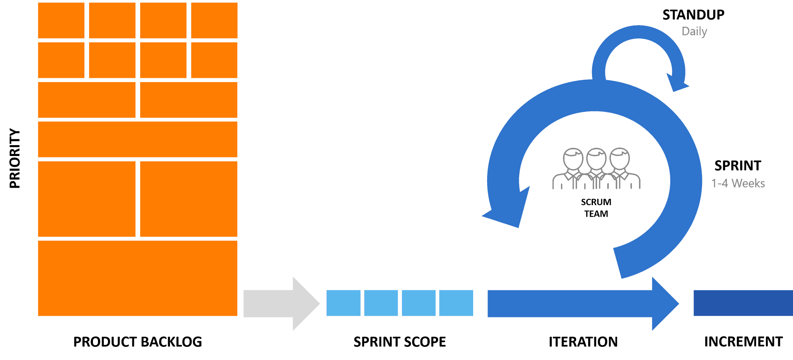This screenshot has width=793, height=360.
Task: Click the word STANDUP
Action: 693,15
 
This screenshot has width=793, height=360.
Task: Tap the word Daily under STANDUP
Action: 694,31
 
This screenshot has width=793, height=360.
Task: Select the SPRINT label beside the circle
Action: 738,166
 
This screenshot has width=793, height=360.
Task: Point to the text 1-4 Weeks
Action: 738,183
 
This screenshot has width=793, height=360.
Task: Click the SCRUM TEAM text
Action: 596,208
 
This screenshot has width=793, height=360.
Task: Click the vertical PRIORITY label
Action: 15,158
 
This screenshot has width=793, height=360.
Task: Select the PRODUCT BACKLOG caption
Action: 137,342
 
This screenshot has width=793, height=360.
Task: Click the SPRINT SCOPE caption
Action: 400,342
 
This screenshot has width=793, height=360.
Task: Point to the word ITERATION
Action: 583,342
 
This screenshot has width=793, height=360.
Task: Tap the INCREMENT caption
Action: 743,342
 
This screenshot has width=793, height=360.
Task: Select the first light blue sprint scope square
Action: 343,303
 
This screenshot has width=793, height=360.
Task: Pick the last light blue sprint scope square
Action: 456,303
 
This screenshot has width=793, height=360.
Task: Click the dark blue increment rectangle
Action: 743,303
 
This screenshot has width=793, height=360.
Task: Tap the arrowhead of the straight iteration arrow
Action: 664,303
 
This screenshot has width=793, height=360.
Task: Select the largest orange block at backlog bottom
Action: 137,278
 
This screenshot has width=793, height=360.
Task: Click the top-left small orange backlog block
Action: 61,20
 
